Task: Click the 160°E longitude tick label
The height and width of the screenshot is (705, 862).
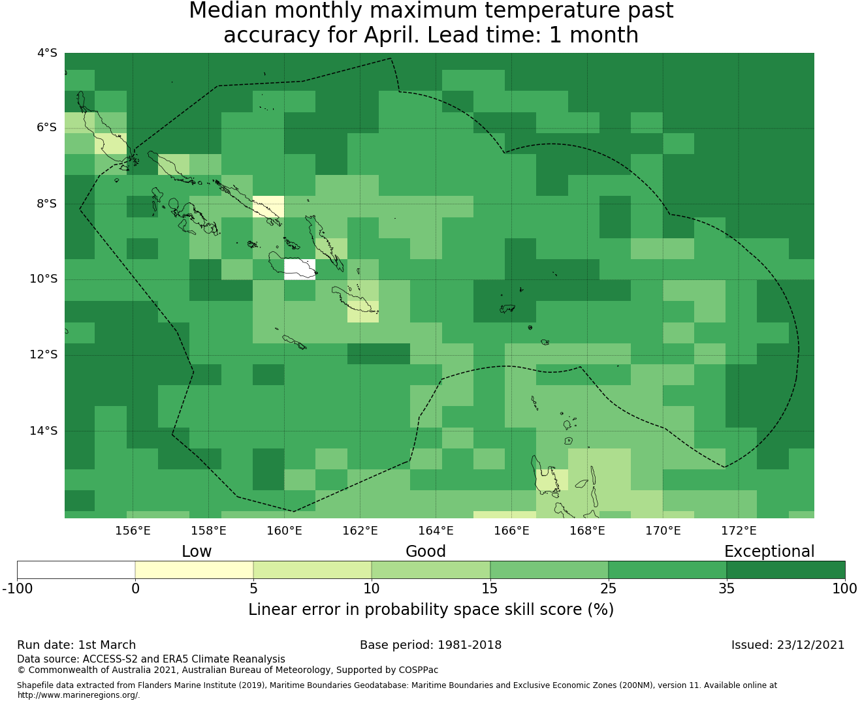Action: pos(284,531)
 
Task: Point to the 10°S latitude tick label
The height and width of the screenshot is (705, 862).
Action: pos(43,279)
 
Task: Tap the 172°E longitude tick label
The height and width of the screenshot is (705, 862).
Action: pos(739,531)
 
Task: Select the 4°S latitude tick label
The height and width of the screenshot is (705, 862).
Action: pos(47,53)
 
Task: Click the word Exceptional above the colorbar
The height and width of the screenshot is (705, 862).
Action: pos(769,552)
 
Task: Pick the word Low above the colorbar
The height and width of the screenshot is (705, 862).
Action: pos(197,552)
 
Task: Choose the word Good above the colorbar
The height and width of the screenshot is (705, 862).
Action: pos(426,552)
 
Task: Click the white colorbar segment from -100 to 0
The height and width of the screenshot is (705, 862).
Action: pos(76,570)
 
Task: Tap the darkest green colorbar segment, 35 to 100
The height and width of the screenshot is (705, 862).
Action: pos(786,570)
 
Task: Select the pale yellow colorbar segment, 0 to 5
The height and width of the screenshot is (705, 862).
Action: pos(194,570)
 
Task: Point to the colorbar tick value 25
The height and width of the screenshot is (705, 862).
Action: pos(608,589)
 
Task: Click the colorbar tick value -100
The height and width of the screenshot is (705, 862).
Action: pos(17,589)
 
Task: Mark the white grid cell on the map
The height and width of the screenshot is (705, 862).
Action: pos(300,270)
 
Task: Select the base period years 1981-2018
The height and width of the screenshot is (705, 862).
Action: pos(470,645)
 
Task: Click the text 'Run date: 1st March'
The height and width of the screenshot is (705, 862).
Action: pos(76,645)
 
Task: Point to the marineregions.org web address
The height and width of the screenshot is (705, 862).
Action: pos(78,695)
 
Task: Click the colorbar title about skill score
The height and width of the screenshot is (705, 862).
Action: pos(431,609)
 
